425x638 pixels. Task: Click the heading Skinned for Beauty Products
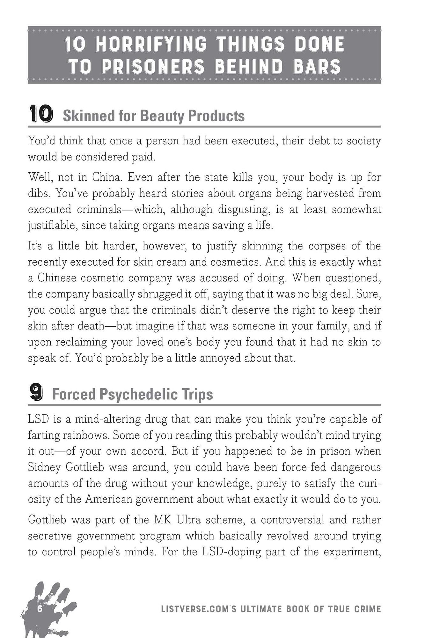pyautogui.click(x=154, y=116)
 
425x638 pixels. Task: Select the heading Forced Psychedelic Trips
pyautogui.click(x=132, y=394)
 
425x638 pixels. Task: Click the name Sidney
pyautogui.click(x=44, y=467)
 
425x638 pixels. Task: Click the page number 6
pyautogui.click(x=40, y=609)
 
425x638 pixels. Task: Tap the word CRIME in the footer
pyautogui.click(x=368, y=609)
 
